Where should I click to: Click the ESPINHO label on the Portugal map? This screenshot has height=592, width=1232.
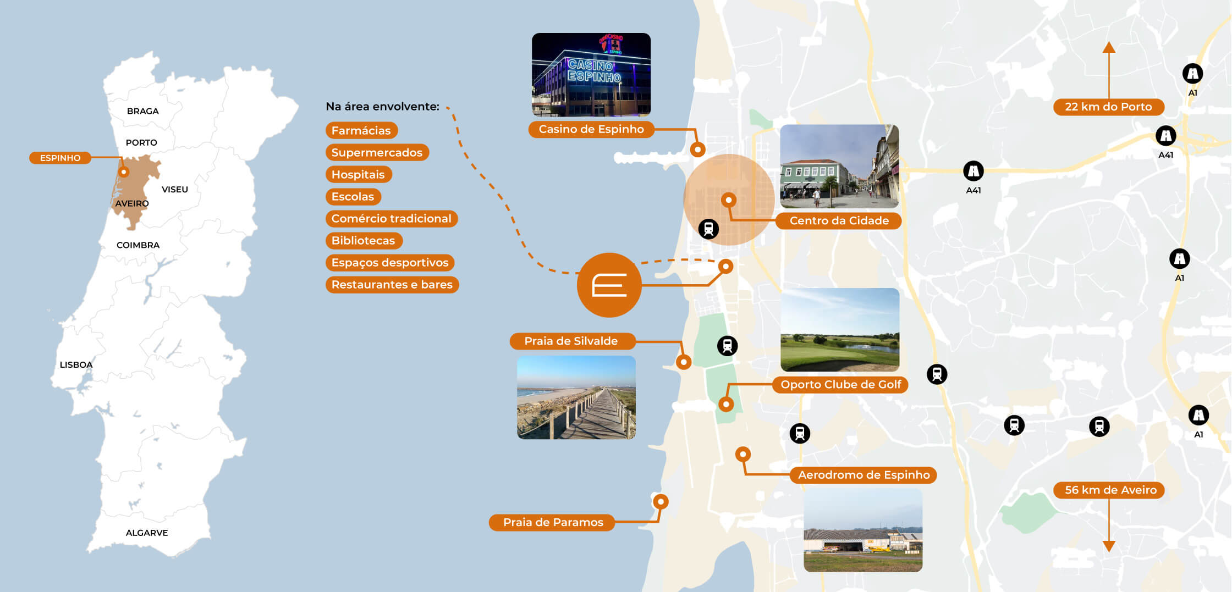click(x=60, y=158)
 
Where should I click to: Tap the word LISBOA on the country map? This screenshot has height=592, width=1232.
click(x=76, y=364)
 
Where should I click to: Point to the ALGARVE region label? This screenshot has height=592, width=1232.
click(x=147, y=533)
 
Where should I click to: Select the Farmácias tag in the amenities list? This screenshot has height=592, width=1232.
click(x=361, y=130)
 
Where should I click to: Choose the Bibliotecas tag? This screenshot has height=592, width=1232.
click(x=364, y=240)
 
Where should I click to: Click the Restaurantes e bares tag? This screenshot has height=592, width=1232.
click(x=392, y=284)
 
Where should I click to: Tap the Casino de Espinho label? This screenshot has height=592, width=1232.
click(x=591, y=129)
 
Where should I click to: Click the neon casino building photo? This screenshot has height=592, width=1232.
click(x=591, y=75)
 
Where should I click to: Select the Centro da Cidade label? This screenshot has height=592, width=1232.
click(x=839, y=220)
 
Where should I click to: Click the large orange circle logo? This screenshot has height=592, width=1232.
click(x=609, y=285)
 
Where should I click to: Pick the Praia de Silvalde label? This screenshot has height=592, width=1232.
click(x=571, y=341)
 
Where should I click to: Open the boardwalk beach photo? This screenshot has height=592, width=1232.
click(x=576, y=397)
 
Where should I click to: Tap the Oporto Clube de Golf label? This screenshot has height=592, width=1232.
click(x=840, y=384)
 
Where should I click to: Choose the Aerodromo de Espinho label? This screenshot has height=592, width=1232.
click(x=864, y=475)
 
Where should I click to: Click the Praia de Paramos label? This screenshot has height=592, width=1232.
click(x=553, y=522)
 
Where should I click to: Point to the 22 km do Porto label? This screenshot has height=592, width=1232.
click(x=1108, y=107)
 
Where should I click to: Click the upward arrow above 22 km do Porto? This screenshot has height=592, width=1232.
click(x=1109, y=70)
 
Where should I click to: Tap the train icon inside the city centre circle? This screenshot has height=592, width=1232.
click(x=708, y=229)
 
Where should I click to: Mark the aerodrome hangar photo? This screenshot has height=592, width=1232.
click(x=863, y=530)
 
